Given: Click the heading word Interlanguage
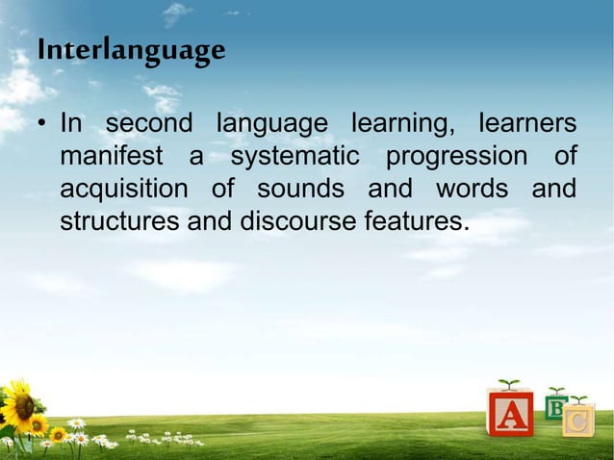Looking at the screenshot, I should pyautogui.click(x=132, y=49).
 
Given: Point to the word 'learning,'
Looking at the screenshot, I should pyautogui.click(x=402, y=126).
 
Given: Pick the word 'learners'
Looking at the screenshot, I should pyautogui.click(x=527, y=125).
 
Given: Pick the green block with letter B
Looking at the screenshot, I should pyautogui.click(x=556, y=405).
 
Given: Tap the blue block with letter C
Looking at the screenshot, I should pyautogui.click(x=578, y=422).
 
